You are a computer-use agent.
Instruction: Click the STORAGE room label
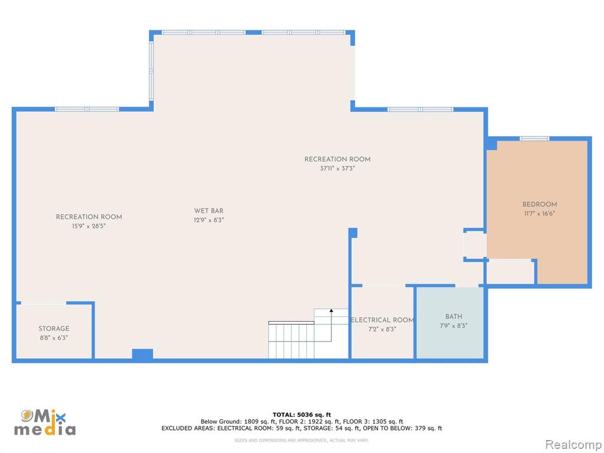tap(54, 329)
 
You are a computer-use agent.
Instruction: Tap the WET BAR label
tap(209, 211)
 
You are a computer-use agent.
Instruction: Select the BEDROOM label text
tap(540, 204)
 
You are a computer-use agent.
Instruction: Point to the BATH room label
tap(454, 316)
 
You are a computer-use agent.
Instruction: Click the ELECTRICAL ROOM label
tap(382, 320)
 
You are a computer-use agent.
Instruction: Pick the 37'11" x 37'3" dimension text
tap(337, 168)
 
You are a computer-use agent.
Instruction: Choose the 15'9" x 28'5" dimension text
tap(88, 226)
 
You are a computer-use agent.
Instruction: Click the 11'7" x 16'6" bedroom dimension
tap(540, 214)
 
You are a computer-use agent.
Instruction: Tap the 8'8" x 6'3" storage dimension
tap(54, 338)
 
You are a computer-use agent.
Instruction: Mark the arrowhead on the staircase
tap(331, 310)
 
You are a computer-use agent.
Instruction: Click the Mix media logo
tap(45, 422)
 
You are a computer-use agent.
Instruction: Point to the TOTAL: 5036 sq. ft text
tap(301, 415)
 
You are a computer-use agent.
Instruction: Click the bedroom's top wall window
tap(534, 138)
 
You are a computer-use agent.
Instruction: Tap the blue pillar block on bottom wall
tap(143, 354)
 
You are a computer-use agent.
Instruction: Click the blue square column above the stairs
tap(353, 232)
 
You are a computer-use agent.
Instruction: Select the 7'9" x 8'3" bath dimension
tap(454, 326)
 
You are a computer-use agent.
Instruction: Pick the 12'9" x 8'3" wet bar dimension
tap(209, 220)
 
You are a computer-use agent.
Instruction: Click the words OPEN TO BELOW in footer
tap(385, 428)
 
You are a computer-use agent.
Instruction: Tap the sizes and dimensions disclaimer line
tap(301, 440)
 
